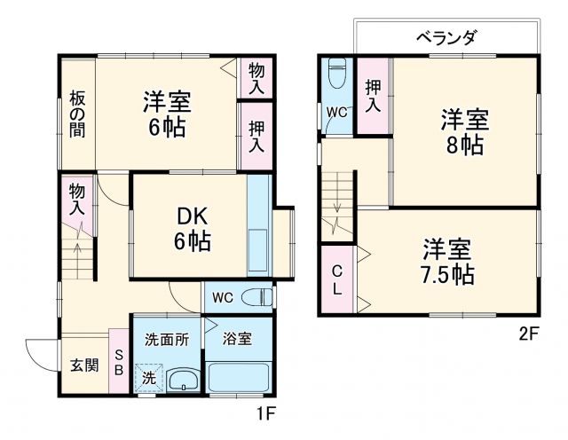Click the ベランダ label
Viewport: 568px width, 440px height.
tap(446, 37)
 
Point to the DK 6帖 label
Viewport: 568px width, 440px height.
tap(192, 227)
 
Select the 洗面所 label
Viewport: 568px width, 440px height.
tap(167, 339)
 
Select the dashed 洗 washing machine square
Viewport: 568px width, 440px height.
tap(150, 378)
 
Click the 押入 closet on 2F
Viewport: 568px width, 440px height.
tap(373, 96)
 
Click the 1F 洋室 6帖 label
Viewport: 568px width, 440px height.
tap(166, 114)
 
